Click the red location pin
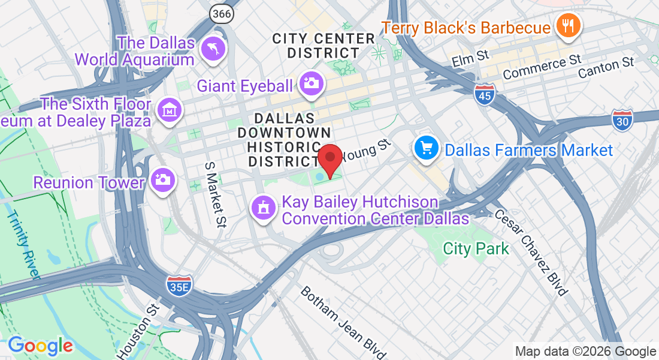tap(329, 160)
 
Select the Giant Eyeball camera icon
tap(312, 83)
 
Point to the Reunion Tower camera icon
tap(162, 179)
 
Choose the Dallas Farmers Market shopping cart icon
tap(427, 148)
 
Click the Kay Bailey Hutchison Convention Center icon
tap(262, 208)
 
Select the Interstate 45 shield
tap(485, 94)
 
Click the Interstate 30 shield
tap(624, 120)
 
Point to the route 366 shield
tap(221, 12)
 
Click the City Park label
tap(476, 248)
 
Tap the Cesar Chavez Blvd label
tap(531, 252)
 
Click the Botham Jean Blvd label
tap(343, 321)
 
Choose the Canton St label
tap(606, 67)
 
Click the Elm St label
tap(470, 58)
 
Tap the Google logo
tap(40, 346)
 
